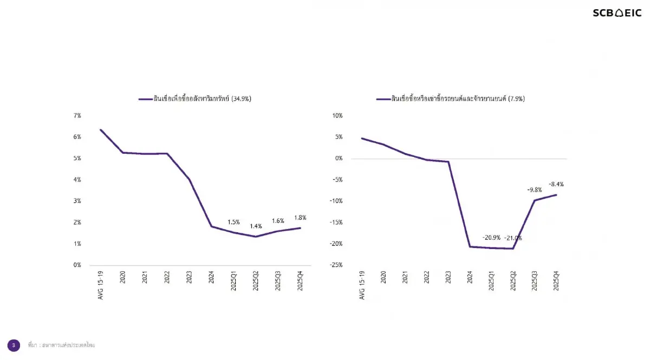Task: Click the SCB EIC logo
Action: point(616,13)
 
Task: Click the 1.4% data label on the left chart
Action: point(256,227)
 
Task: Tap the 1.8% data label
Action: point(300,218)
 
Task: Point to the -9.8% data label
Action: point(535,190)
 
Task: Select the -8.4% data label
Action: point(556,184)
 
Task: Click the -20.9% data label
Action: point(491,238)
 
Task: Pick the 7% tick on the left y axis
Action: point(77,116)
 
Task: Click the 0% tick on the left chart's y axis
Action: point(77,265)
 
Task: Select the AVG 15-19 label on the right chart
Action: point(362,286)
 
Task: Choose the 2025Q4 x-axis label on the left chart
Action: point(300,281)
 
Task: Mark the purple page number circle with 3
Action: point(14,345)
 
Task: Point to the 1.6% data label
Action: point(278,221)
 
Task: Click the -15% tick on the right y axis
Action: point(336,222)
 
